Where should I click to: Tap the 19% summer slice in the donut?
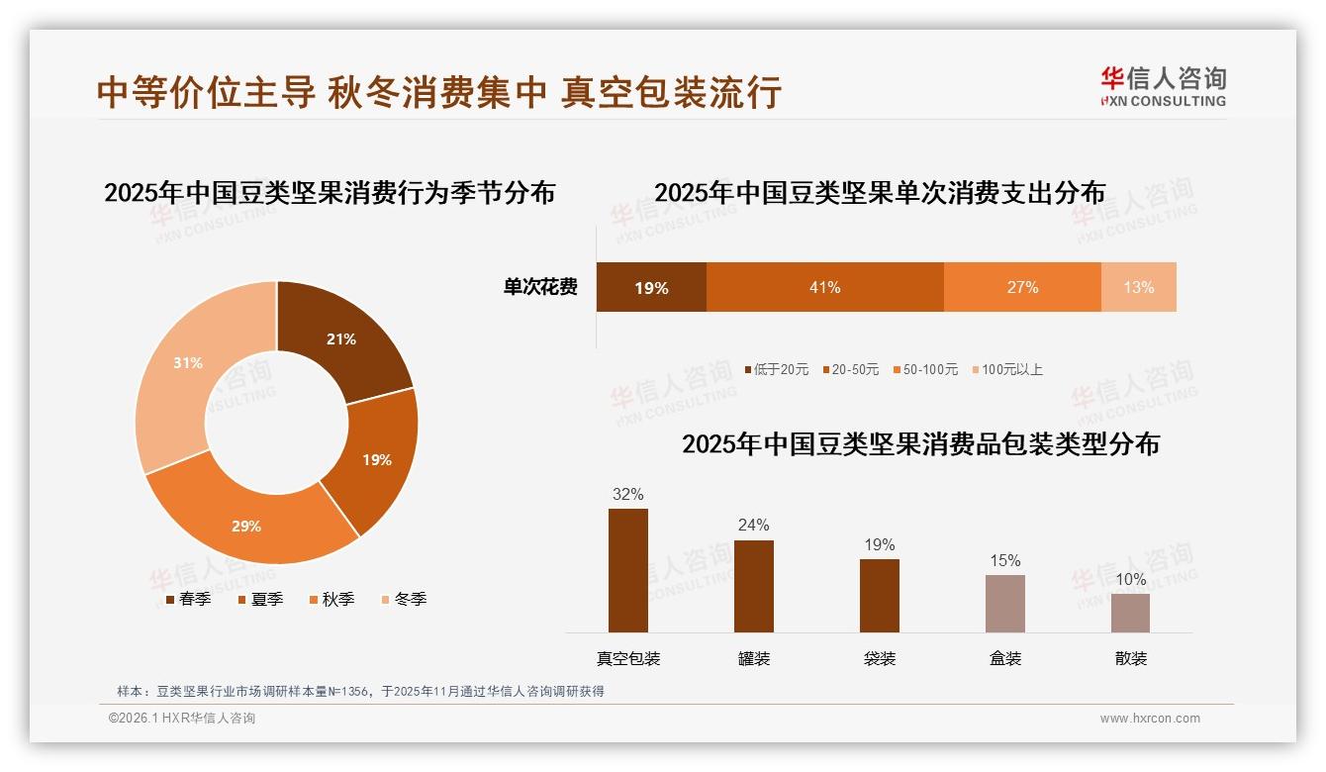click(374, 459)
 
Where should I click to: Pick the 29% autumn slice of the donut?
click(247, 526)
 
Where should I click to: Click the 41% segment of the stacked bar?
click(824, 287)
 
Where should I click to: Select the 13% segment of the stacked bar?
click(1138, 287)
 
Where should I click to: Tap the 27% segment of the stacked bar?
click(1022, 287)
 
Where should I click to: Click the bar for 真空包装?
click(627, 570)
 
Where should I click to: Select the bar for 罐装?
click(753, 586)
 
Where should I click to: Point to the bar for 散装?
click(1130, 613)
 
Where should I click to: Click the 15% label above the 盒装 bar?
click(1004, 561)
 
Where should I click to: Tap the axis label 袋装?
click(879, 658)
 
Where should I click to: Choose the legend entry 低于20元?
click(776, 369)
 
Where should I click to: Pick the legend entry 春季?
click(188, 599)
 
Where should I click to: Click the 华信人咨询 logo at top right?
click(1163, 86)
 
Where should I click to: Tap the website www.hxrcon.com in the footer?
click(1150, 719)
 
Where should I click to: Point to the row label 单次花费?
click(540, 287)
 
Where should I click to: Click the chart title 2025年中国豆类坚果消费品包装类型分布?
click(920, 443)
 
